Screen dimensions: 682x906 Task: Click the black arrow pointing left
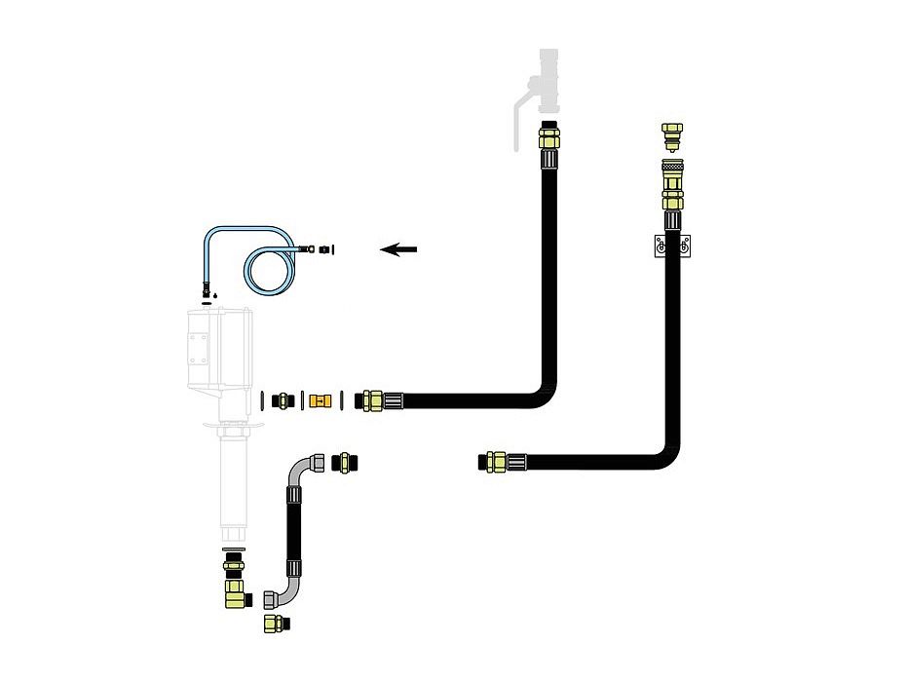click(398, 249)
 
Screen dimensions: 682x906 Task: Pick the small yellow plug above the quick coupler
click(670, 134)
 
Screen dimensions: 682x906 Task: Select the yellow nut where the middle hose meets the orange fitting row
click(370, 399)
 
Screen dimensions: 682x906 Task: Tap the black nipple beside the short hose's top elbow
click(343, 461)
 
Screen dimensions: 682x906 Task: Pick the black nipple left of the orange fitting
click(283, 398)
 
